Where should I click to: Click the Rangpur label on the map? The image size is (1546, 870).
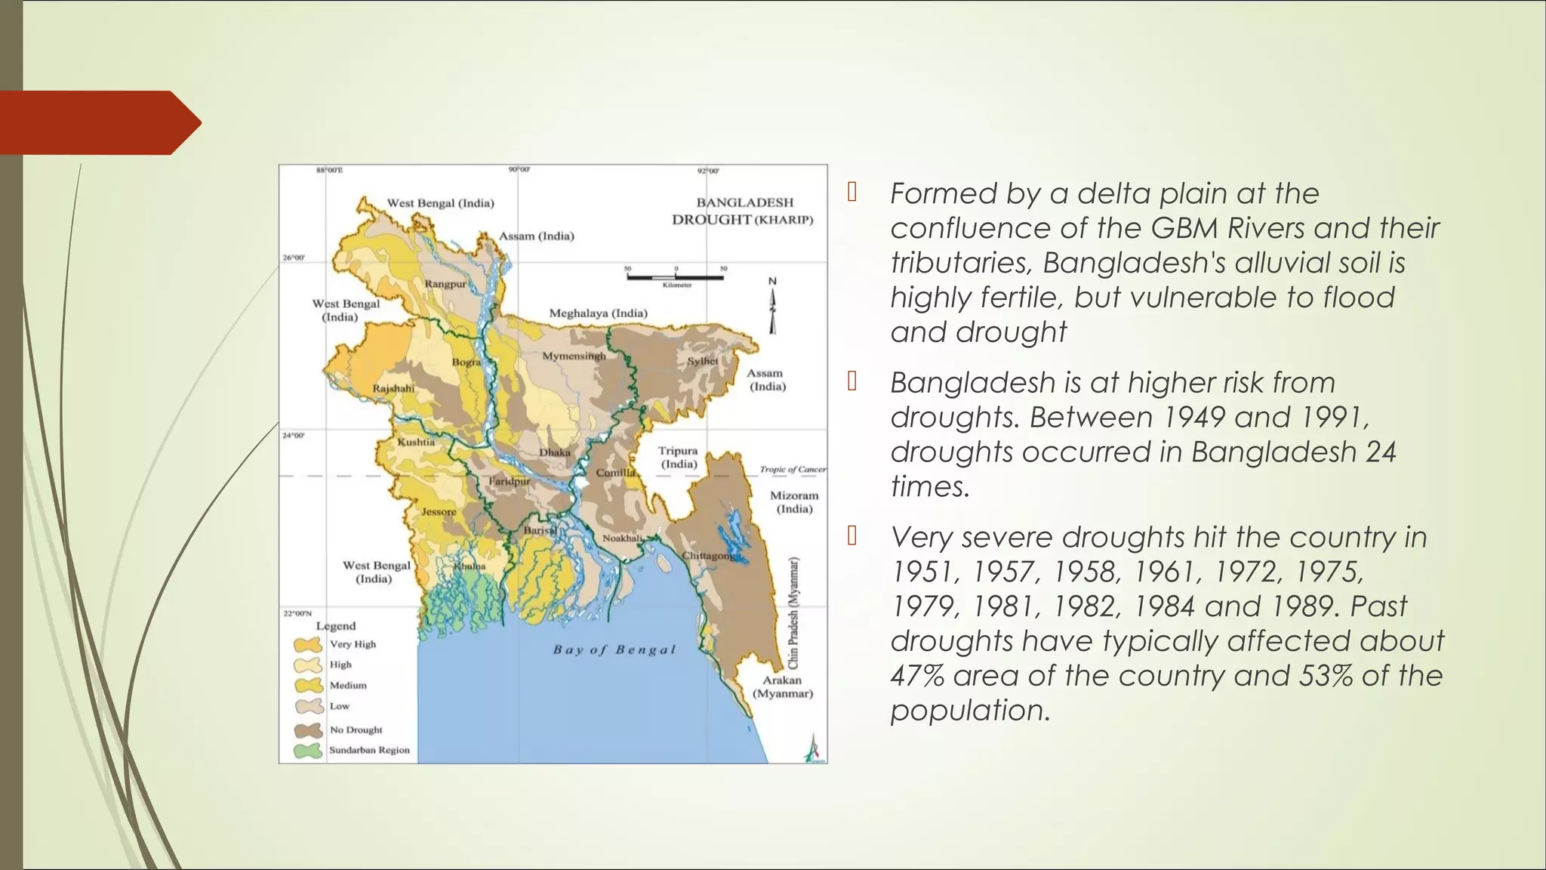[x=445, y=284]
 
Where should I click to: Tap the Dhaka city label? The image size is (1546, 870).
[x=554, y=452]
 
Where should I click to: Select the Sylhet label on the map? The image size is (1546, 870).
[x=702, y=361]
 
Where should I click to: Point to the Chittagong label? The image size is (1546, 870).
[x=708, y=555]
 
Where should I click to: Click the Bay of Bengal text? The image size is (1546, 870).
[x=614, y=649]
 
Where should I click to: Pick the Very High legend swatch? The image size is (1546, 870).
[x=308, y=645]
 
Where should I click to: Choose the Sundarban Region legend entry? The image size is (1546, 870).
[x=369, y=750]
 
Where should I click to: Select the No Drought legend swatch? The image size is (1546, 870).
[x=308, y=730]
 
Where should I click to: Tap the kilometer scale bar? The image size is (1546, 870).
[x=675, y=277]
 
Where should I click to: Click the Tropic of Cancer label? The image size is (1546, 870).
[x=792, y=469]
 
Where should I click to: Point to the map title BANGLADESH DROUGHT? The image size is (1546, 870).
[x=743, y=211]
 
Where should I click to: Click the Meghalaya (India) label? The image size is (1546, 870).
[x=598, y=313]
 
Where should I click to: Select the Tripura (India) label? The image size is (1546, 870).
[x=678, y=457]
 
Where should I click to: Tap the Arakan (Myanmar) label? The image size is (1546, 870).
[x=782, y=686]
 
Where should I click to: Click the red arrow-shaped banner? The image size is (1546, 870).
[x=98, y=122]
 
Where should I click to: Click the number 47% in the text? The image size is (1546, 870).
[x=917, y=675]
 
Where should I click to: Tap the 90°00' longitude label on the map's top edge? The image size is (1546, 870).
[x=519, y=170]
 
